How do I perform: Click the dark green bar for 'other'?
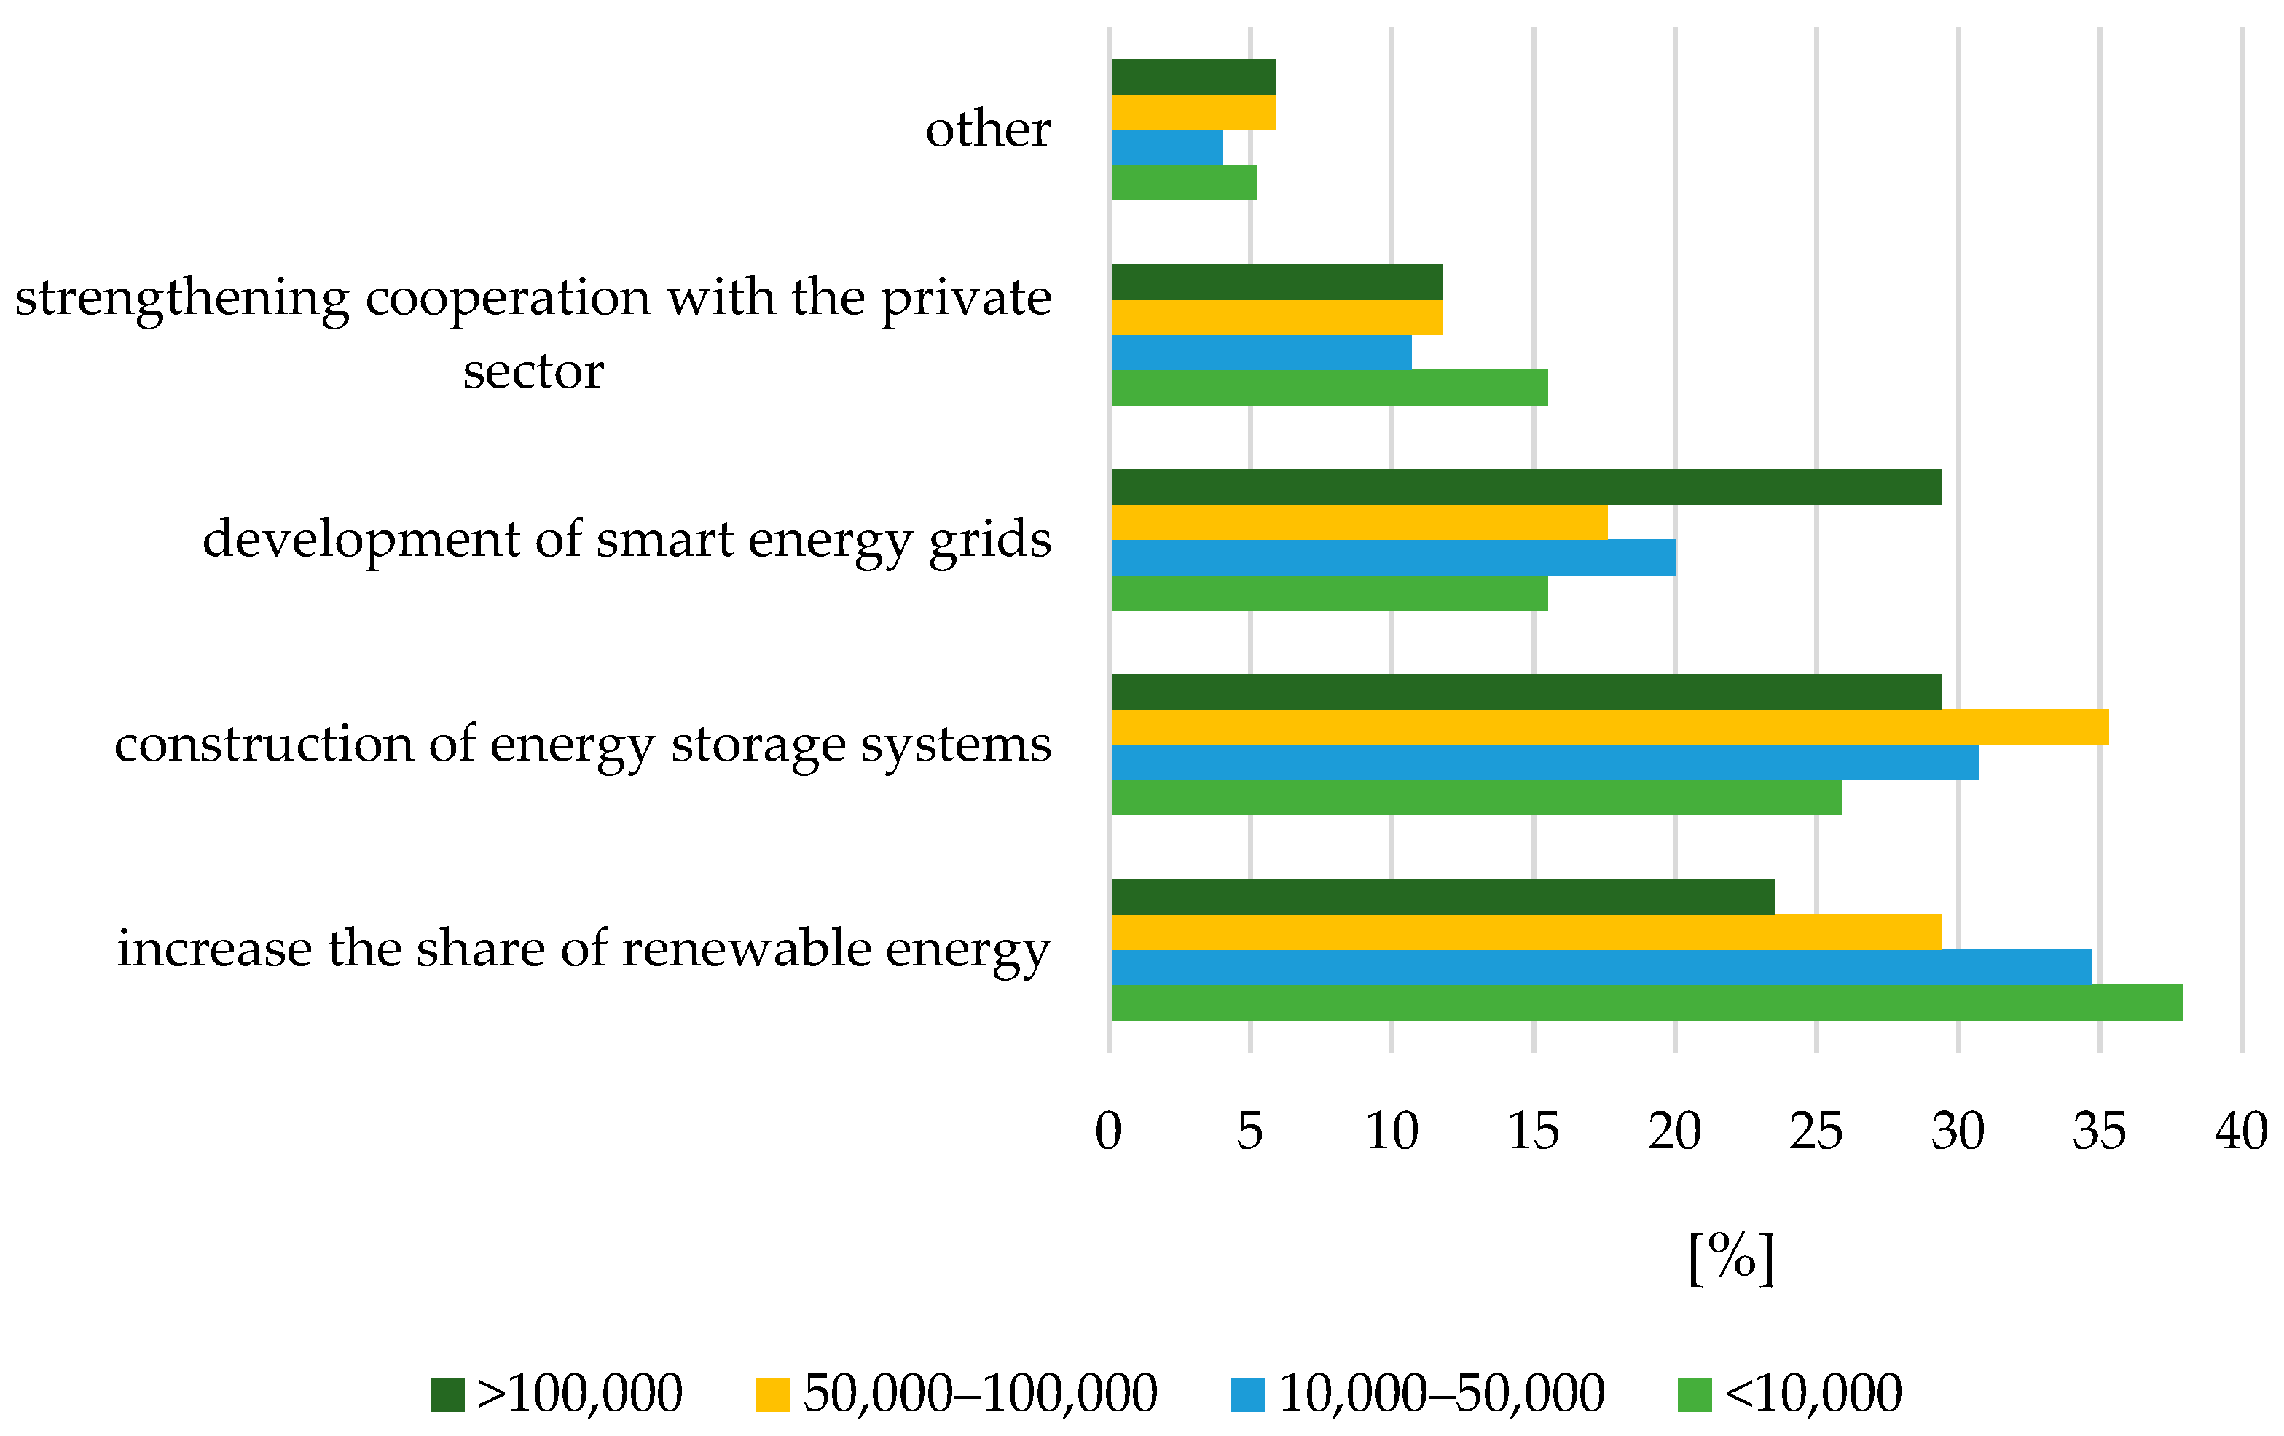click(1193, 76)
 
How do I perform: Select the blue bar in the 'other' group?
click(1166, 147)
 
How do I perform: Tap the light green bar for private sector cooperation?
click(1329, 387)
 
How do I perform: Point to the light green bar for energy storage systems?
click(1476, 797)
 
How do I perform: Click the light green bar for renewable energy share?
click(1646, 1003)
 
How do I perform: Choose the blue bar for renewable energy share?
click(1601, 967)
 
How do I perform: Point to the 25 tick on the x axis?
click(1816, 1131)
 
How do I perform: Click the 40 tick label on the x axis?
click(2240, 1131)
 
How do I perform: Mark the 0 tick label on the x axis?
click(1108, 1131)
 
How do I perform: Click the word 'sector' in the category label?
click(533, 371)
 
